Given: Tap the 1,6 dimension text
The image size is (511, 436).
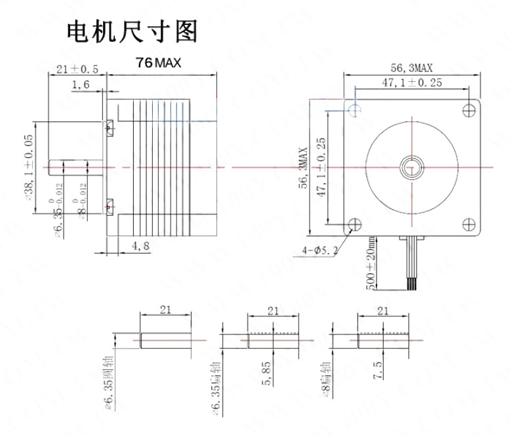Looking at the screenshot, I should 81,84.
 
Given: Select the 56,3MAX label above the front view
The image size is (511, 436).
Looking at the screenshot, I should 411,68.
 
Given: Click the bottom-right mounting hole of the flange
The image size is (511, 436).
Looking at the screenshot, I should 468,223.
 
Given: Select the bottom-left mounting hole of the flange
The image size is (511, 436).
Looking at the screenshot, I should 354,223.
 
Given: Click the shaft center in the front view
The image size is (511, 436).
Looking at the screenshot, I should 412,166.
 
